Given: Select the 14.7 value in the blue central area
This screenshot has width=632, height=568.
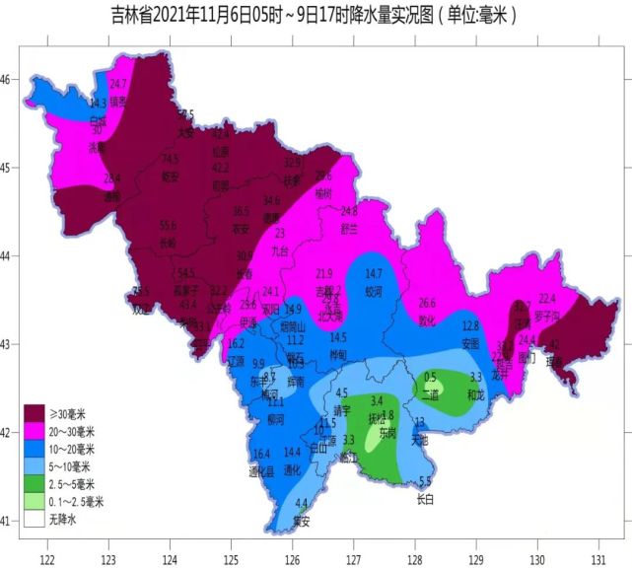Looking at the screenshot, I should coord(373,273).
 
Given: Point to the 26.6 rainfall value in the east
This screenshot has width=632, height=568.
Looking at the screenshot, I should coord(427,303).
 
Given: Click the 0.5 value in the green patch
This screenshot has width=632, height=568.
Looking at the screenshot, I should coord(430,377).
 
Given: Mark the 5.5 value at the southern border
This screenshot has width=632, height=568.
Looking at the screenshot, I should coord(425,481).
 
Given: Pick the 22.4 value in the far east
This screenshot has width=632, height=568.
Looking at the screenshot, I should coord(547,298).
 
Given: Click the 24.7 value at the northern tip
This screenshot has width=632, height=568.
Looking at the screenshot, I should coord(118,84).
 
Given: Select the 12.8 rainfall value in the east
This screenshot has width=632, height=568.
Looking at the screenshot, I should coord(470,325).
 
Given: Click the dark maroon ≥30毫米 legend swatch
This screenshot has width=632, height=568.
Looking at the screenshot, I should coord(36,411).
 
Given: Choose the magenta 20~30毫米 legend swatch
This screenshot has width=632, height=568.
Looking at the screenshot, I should coord(36,430).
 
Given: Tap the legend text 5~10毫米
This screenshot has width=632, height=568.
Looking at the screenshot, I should coord(74,465).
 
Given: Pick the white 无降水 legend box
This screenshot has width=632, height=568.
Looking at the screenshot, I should coord(36,519).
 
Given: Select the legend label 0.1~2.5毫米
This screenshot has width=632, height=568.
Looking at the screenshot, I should coord(81,501).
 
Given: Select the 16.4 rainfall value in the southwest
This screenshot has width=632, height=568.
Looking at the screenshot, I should coord(261,454).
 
